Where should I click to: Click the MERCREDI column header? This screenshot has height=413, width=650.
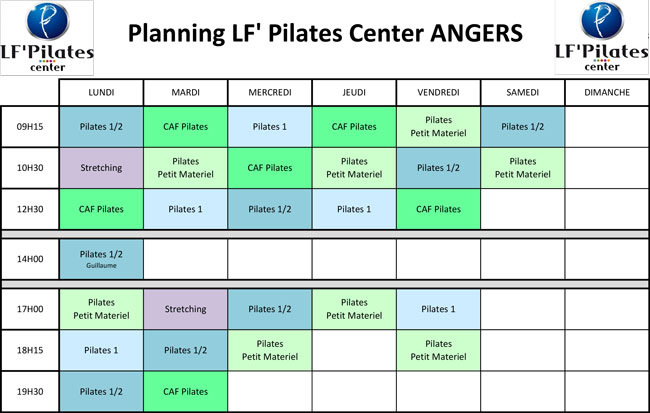270,92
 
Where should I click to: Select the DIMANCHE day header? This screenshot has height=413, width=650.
607,92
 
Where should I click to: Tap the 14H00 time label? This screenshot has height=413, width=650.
30,259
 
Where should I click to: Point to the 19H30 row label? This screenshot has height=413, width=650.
30,391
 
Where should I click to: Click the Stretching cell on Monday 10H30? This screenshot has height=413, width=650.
102,168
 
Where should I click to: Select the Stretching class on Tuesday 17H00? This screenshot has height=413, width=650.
186,309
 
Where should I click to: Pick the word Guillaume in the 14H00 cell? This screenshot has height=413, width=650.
102,265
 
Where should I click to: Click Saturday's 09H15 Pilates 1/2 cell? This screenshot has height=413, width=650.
523,127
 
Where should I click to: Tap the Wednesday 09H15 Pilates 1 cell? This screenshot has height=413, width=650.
270,127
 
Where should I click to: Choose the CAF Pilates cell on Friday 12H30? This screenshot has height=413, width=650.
439,209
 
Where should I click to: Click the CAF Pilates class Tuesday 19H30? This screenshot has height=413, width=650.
186,391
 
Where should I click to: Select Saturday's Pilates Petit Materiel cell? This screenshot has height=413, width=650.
523,168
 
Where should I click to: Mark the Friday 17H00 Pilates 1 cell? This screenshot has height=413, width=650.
439,309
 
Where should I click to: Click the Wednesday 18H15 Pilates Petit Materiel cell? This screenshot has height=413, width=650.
270,350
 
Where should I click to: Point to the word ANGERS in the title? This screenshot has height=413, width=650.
476,33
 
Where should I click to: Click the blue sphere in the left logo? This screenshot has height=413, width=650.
48,21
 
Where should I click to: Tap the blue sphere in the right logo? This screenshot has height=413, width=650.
602,20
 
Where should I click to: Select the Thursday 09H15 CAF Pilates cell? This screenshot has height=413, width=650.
354,127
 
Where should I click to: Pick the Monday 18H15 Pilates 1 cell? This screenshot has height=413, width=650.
102,350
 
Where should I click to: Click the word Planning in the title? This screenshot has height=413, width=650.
176,34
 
